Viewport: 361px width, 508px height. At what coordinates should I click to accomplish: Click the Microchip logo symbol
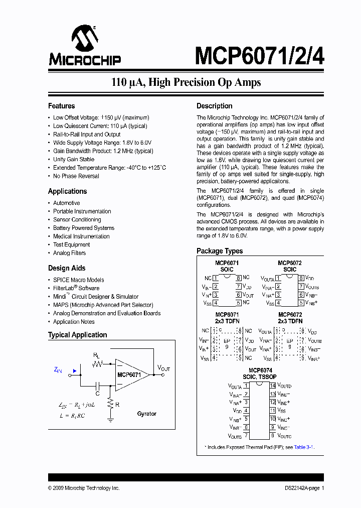click(x=83, y=39)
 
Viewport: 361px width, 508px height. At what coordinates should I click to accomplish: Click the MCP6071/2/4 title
click(x=259, y=55)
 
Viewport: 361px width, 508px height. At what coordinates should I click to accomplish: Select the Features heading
click(x=61, y=106)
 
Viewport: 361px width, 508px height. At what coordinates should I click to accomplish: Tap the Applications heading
click(x=67, y=191)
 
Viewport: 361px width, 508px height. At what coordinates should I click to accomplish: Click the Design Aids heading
click(x=67, y=268)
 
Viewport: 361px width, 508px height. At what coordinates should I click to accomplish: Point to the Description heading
click(x=214, y=106)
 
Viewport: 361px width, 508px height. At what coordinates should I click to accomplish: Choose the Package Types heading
click(x=220, y=251)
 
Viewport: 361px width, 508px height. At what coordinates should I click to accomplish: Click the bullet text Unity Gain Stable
click(x=74, y=159)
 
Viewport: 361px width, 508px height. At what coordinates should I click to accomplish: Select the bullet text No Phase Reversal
click(x=76, y=176)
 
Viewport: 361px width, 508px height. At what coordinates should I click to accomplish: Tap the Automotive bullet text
click(x=67, y=203)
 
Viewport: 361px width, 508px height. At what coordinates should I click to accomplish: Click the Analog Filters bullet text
click(x=70, y=253)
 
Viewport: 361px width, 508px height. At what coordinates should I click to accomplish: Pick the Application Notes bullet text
click(x=74, y=322)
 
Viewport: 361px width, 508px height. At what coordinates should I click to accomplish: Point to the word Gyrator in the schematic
click(x=147, y=414)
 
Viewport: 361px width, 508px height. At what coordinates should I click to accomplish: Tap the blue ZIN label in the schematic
click(x=58, y=370)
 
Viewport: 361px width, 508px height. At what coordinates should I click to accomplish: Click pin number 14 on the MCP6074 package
click(x=273, y=386)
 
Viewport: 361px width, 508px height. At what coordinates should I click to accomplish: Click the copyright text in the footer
click(x=84, y=488)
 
